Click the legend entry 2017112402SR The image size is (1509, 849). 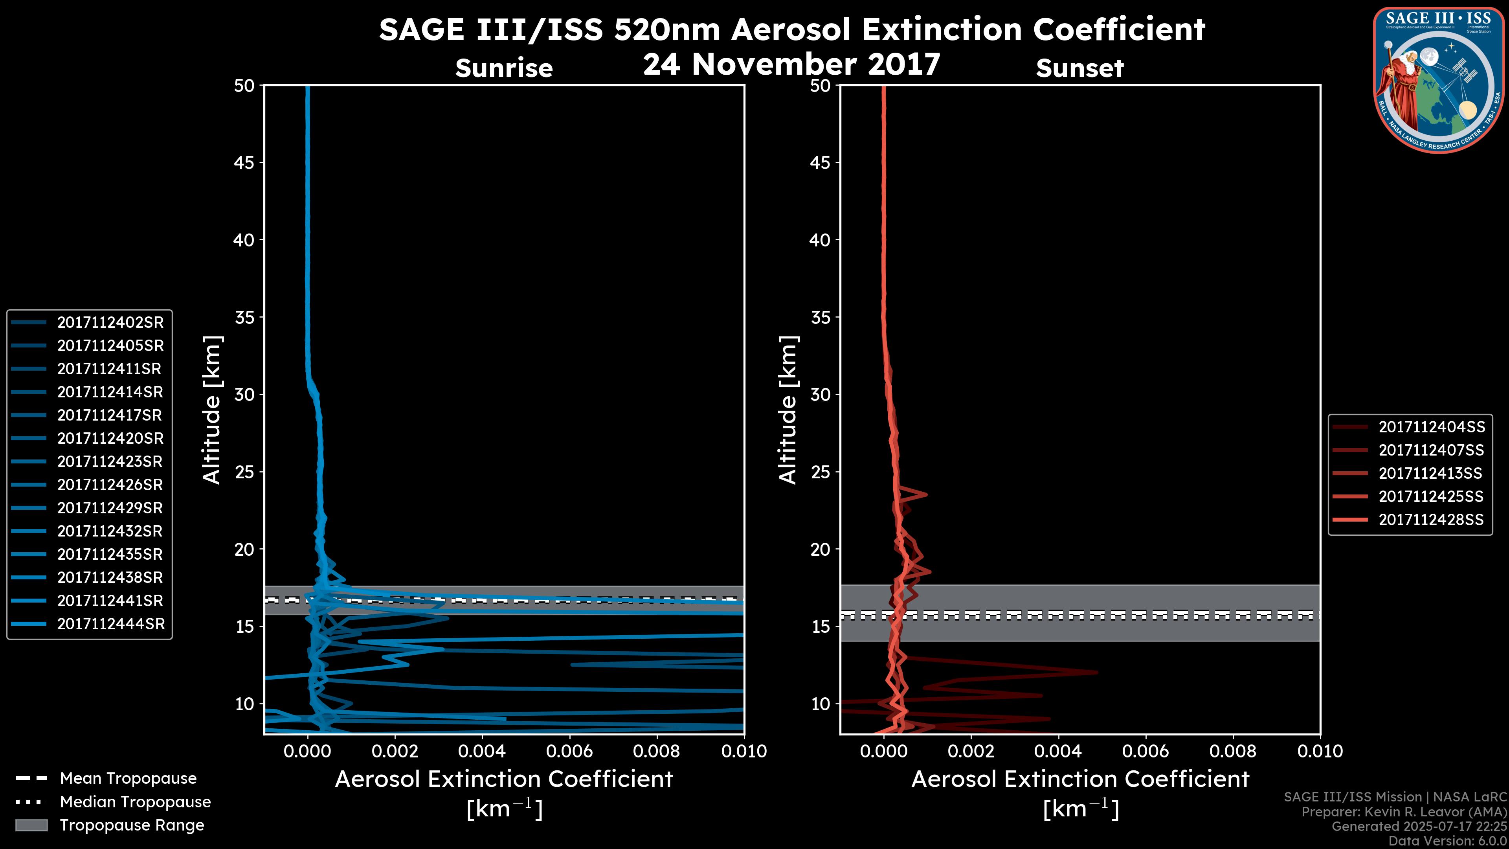tap(110, 322)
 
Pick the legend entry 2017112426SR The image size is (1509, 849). tap(110, 485)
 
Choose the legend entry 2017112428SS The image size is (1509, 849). tap(1431, 520)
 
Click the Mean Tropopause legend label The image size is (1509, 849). tap(128, 778)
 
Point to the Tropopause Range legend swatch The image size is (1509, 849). tap(31, 825)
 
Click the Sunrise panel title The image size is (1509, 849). tap(504, 68)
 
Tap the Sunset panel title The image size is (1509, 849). tap(1079, 68)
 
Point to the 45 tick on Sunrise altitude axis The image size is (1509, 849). tap(245, 162)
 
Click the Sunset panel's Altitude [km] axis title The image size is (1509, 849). tap(788, 410)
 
